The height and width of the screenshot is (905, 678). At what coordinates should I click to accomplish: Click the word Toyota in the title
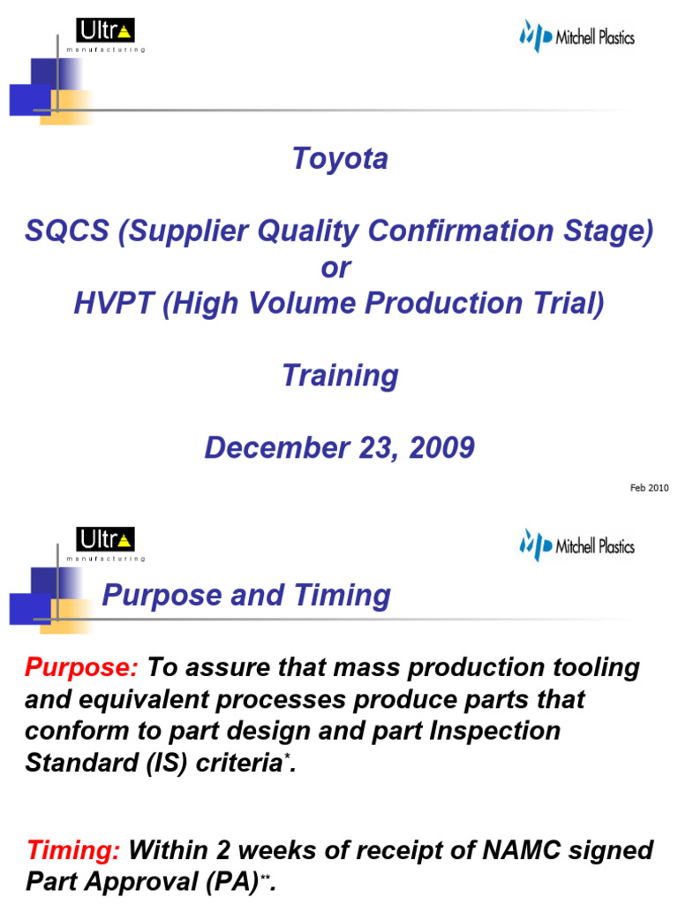[340, 159]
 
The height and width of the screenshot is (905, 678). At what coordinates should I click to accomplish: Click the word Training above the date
[340, 376]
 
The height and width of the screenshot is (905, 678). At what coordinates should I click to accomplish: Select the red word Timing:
[74, 851]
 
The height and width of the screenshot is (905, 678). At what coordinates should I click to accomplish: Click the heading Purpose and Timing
[246, 596]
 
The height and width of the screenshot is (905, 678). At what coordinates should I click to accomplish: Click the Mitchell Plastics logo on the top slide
[576, 37]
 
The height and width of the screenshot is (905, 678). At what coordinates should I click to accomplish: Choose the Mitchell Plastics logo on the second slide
[576, 545]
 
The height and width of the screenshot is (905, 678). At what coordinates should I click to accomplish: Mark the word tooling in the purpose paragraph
[591, 667]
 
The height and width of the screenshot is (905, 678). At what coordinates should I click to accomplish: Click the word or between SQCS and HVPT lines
[335, 268]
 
